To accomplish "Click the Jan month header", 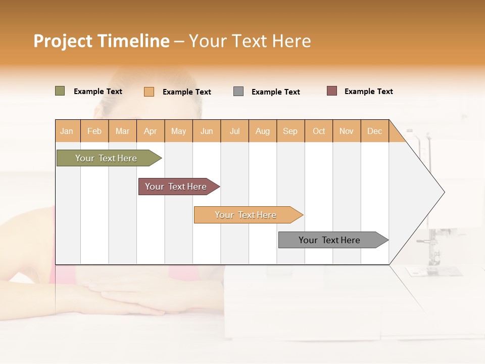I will [x=67, y=131].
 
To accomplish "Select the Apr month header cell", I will [x=151, y=131].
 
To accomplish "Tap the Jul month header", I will [x=234, y=131].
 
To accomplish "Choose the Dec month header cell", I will [x=374, y=131].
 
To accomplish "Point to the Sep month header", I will [x=290, y=131].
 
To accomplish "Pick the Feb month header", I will [x=94, y=131].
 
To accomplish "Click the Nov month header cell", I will [x=347, y=131].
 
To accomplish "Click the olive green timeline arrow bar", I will [x=107, y=158].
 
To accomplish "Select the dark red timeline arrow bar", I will [x=176, y=187].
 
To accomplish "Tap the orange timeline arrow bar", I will [x=246, y=215].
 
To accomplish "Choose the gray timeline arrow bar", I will [x=330, y=240].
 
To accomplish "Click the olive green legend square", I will [x=60, y=91].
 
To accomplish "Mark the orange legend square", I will [x=149, y=92].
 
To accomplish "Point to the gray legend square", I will [x=238, y=92].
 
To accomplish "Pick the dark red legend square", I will [x=332, y=91].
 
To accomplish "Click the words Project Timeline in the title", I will [x=101, y=41].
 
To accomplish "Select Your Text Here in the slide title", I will [x=250, y=41].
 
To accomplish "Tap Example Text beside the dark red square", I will [x=368, y=92].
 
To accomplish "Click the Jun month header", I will [x=207, y=131].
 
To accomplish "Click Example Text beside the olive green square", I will [x=98, y=92].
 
